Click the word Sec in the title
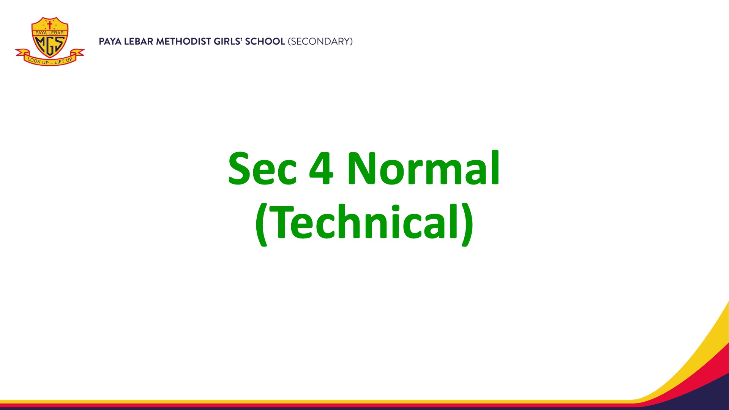[x=262, y=168]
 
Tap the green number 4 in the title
[x=321, y=168]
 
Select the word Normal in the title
[x=423, y=167]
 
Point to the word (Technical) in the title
[x=364, y=224]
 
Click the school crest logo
[x=50, y=41]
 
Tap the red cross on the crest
[x=49, y=25]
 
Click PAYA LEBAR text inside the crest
[x=50, y=33]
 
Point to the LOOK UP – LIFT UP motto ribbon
[x=50, y=58]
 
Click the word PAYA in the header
[x=110, y=41]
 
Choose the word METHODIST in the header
[x=184, y=41]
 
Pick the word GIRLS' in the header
[x=228, y=41]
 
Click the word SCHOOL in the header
[x=265, y=41]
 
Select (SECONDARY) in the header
[x=320, y=41]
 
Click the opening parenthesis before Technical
[x=261, y=224]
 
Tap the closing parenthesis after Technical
[x=468, y=224]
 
